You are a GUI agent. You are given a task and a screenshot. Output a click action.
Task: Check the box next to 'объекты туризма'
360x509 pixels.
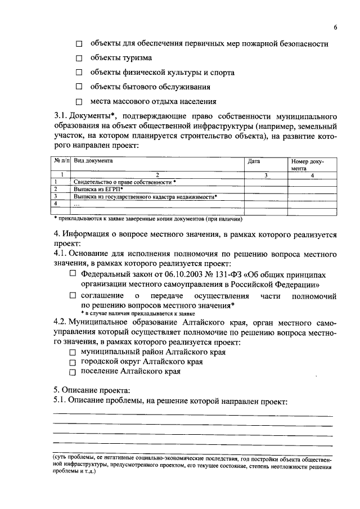pyautogui.click(x=79, y=58)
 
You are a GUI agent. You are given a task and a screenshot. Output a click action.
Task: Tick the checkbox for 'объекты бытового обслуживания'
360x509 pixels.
pyautogui.click(x=79, y=87)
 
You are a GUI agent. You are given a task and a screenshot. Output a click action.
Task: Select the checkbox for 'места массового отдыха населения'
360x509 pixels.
pyautogui.click(x=79, y=102)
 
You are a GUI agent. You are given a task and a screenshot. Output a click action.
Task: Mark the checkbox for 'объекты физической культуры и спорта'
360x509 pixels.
pyautogui.click(x=79, y=73)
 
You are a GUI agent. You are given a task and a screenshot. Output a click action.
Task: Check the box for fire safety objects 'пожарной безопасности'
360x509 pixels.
pyautogui.click(x=79, y=43)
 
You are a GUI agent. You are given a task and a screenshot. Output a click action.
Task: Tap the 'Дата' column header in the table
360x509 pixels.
pyautogui.click(x=254, y=161)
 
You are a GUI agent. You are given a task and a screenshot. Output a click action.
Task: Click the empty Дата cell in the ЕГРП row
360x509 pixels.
pyautogui.click(x=266, y=190)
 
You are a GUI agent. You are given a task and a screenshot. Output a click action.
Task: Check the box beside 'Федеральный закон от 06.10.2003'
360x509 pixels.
pyautogui.click(x=73, y=273)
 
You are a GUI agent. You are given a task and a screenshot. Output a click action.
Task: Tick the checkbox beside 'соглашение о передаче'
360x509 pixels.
pyautogui.click(x=73, y=295)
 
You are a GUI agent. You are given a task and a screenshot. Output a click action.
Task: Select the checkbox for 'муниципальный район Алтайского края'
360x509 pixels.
pyautogui.click(x=73, y=352)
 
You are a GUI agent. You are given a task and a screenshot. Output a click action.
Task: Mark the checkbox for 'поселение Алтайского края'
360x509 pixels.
pyautogui.click(x=73, y=372)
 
